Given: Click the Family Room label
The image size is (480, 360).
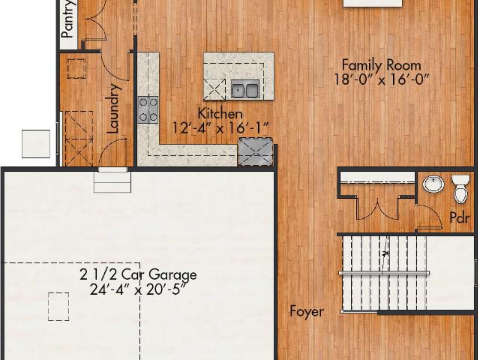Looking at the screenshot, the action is point(381,65).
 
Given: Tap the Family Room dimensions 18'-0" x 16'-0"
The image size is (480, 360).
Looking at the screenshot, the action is point(381,80).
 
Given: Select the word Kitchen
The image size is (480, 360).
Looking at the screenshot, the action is point(220,113).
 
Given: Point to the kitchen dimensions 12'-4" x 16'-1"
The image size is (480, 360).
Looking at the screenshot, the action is point(220,127).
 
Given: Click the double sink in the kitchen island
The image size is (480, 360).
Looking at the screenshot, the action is point(245,89).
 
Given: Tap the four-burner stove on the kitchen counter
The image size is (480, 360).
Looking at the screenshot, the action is point(148,110).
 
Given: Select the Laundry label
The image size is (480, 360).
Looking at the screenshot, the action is point(113,109).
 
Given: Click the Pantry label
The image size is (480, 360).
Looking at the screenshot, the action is point(67,19).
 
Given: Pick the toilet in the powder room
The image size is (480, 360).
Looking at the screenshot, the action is point(460,189).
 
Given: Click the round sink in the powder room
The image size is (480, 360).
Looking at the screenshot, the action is point(433,184).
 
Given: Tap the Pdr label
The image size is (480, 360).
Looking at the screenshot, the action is point(459,217).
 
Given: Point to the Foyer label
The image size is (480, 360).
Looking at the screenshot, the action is point(307,312).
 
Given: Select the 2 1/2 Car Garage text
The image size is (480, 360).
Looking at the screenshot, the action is point(138,274).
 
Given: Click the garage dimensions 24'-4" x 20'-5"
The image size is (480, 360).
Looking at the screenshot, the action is point(138,289).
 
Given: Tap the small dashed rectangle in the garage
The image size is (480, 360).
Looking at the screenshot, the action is point(58,307).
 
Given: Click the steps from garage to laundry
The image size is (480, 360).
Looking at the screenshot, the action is point(112,180).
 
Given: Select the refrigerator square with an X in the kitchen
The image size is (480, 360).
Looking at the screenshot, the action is point(256,152).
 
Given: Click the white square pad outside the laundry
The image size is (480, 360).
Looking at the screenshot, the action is point(36,144).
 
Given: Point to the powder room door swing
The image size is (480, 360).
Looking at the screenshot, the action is point(430,217).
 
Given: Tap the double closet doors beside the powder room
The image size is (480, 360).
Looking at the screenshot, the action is point(377,208).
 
